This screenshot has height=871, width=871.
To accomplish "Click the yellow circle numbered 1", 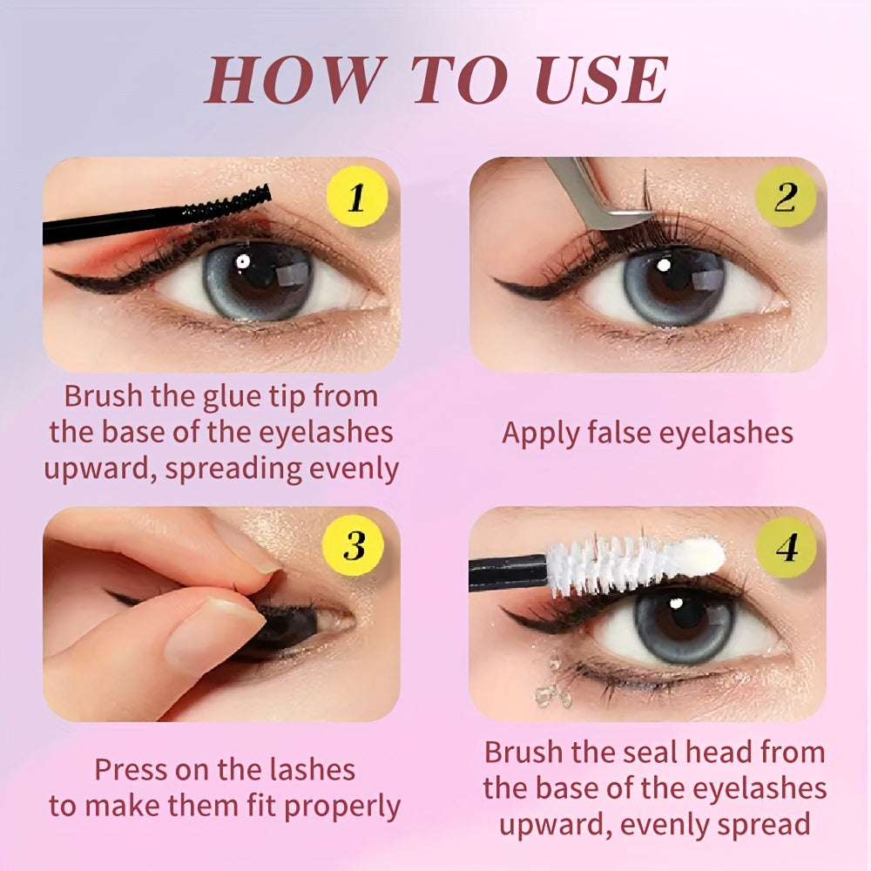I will [x=354, y=199].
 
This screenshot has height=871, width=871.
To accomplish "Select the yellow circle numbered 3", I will [x=354, y=548].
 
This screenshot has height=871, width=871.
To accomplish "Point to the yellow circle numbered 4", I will [x=787, y=548].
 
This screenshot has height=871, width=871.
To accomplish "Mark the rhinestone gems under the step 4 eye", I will [x=548, y=679].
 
